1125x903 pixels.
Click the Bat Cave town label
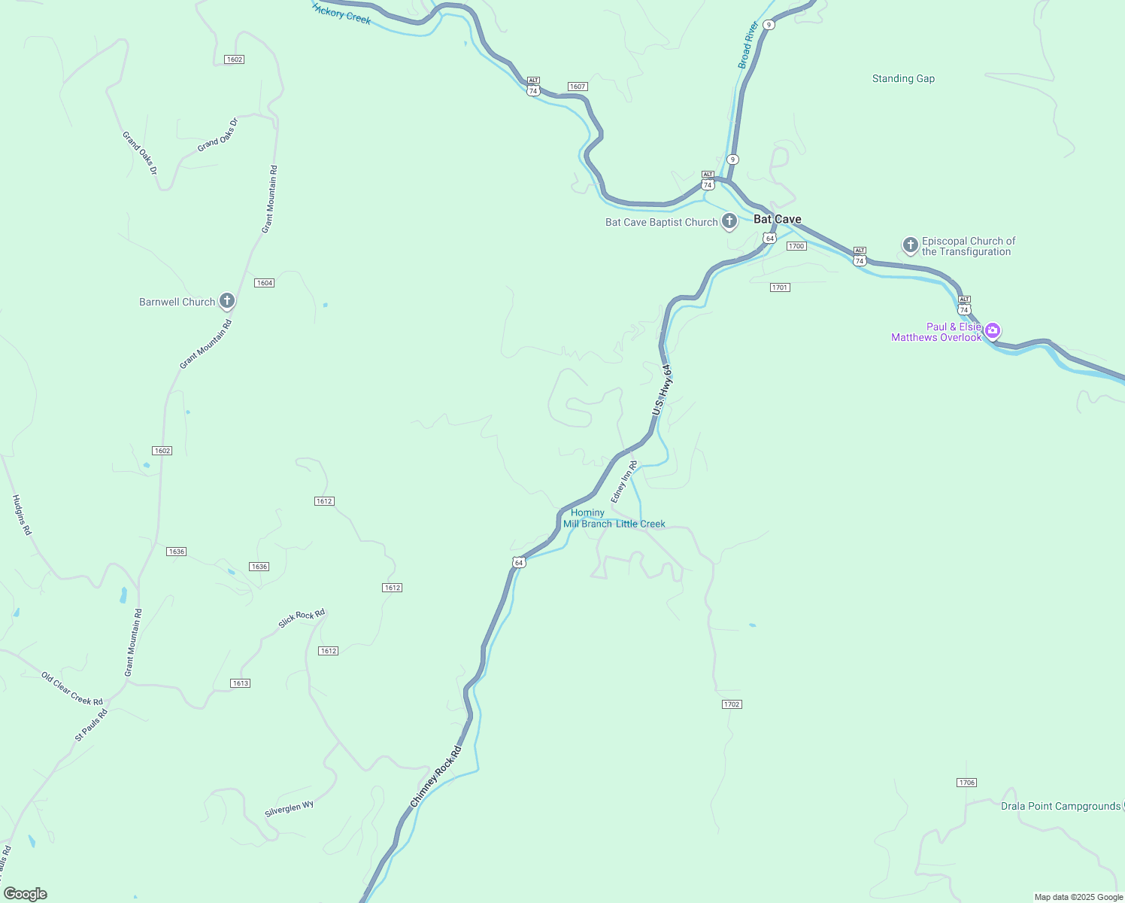(x=777, y=219)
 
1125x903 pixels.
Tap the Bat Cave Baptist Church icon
(x=729, y=221)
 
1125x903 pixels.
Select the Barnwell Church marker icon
(x=226, y=301)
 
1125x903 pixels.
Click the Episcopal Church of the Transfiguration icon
(x=910, y=245)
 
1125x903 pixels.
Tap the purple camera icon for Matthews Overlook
(x=993, y=330)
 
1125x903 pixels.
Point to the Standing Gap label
(x=903, y=78)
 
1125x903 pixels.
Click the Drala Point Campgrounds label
(x=1060, y=806)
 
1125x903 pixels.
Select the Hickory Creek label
(x=342, y=13)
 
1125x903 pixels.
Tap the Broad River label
(x=748, y=45)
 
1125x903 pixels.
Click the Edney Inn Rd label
(x=624, y=482)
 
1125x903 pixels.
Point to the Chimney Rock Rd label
(x=435, y=778)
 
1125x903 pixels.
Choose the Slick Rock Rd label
(x=302, y=618)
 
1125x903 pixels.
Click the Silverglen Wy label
(x=289, y=809)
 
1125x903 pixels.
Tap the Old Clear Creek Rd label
(x=71, y=689)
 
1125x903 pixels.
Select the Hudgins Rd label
(x=22, y=515)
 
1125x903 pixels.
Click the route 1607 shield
(x=577, y=87)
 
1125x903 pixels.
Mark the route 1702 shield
(x=731, y=704)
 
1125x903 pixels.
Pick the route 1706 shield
(x=966, y=783)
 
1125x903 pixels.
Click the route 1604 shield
(x=264, y=283)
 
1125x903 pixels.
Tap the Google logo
(x=26, y=894)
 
